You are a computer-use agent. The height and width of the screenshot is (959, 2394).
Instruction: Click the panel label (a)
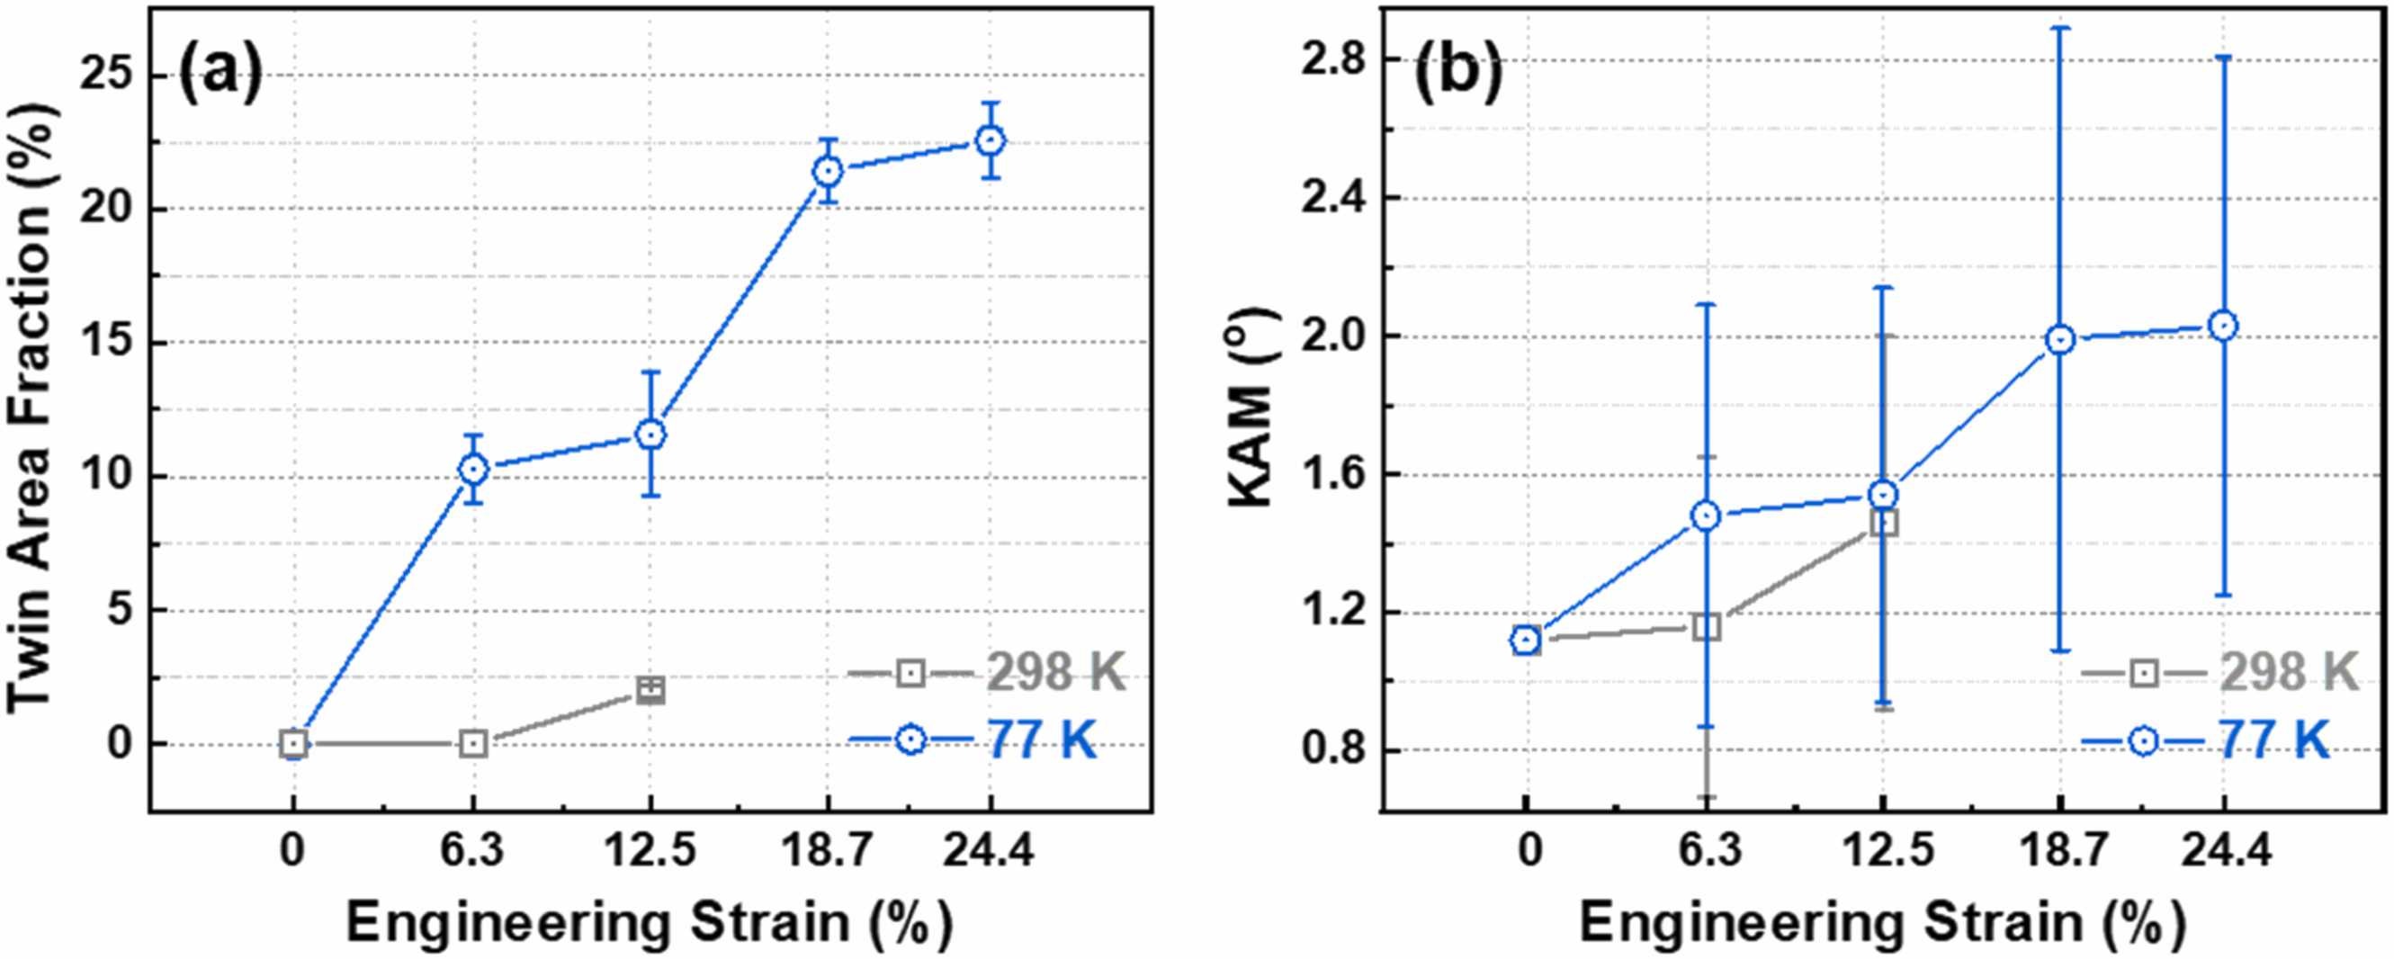coord(220,75)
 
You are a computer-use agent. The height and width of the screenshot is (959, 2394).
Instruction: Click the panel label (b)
coord(1457,75)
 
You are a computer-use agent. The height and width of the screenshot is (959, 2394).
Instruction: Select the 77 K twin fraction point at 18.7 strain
coord(827,171)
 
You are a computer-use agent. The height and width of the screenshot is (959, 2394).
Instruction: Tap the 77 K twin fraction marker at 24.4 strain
coord(991,141)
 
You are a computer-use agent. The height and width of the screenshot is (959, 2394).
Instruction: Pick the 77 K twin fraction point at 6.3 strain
coord(474,470)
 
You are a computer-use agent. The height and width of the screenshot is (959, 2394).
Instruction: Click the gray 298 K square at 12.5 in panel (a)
coord(650,690)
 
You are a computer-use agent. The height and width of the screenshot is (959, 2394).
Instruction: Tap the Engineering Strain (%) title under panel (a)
coord(650,923)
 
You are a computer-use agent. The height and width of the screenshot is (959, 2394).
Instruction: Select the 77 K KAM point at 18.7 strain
coord(2060,340)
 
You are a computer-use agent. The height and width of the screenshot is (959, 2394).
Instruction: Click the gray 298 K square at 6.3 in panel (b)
coord(1707,627)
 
